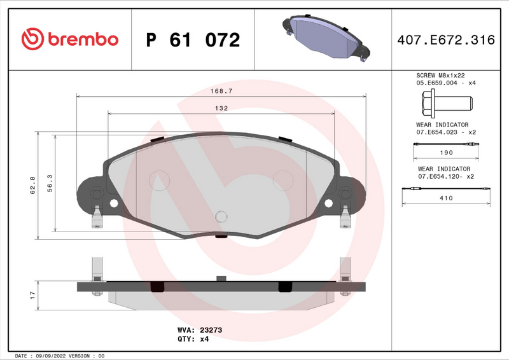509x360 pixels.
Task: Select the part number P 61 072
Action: tap(193, 40)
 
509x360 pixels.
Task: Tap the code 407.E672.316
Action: tap(445, 40)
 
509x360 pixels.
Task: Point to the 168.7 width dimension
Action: tap(221, 91)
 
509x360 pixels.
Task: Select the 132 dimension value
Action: tap(221, 108)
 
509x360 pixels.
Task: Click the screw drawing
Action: tap(445, 102)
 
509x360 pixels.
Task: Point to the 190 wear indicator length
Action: tap(446, 153)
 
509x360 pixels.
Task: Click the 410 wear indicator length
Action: tap(446, 198)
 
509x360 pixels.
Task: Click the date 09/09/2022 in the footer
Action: tap(50, 356)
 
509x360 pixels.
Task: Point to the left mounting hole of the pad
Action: tap(115, 204)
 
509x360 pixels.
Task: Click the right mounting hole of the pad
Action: tap(329, 204)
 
